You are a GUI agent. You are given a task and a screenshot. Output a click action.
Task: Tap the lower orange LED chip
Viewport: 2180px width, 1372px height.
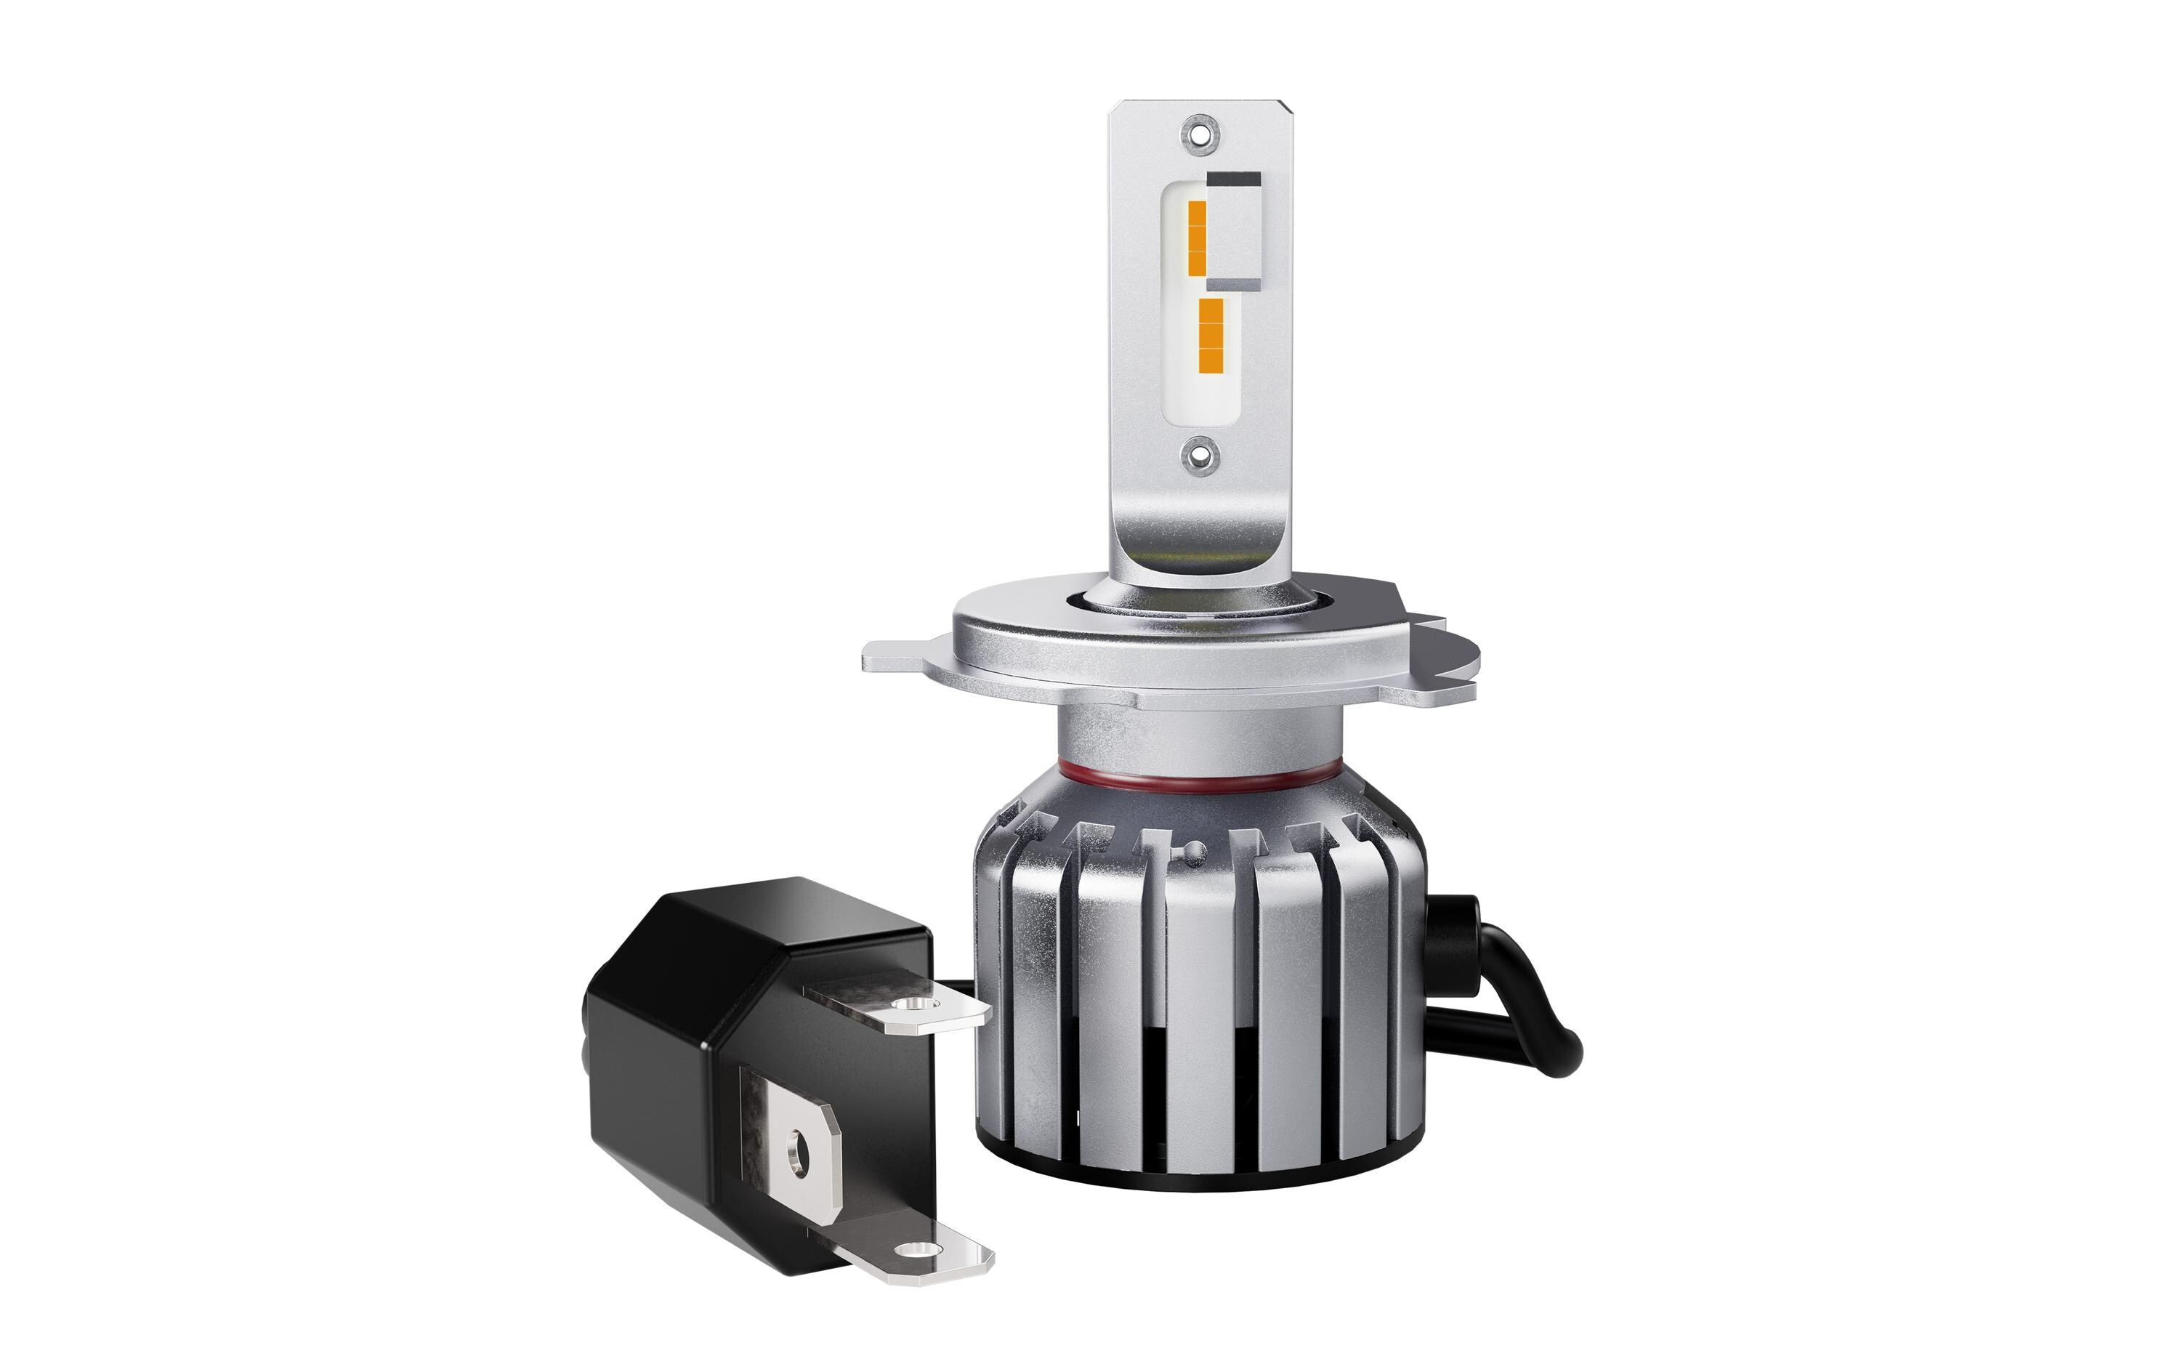(x=1211, y=336)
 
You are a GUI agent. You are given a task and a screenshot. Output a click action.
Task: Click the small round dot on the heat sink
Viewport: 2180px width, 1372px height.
(x=1197, y=847)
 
